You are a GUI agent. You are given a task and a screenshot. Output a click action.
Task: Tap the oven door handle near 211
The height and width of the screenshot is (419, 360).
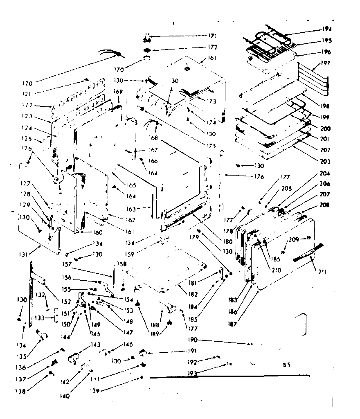(308, 252)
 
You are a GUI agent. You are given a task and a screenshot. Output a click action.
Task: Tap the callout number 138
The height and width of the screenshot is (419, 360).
(21, 391)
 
